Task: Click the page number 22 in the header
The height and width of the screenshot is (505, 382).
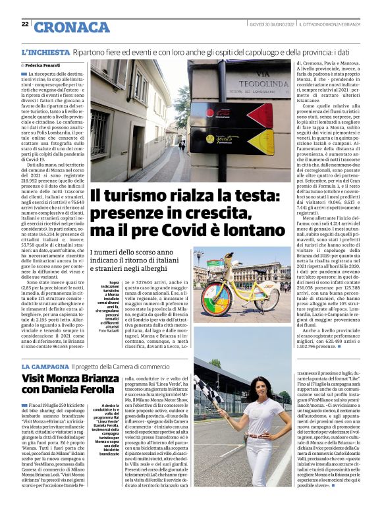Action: coord(24,24)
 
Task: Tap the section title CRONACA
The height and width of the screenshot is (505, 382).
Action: coord(72,26)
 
